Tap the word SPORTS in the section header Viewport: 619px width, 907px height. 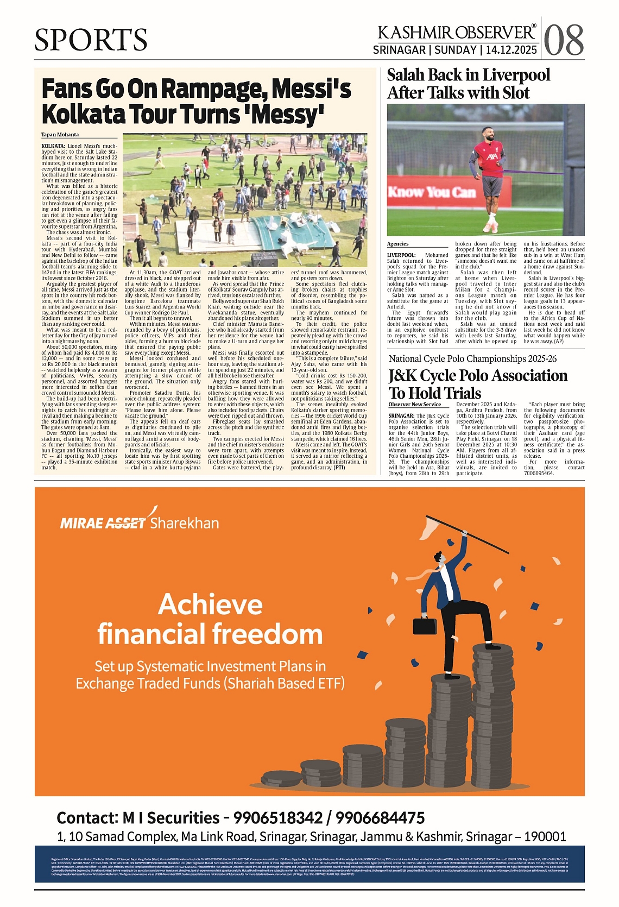pyautogui.click(x=91, y=40)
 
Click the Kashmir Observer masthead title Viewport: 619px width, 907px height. pyautogui.click(x=457, y=33)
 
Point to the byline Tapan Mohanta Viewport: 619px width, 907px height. pyautogui.click(x=60, y=135)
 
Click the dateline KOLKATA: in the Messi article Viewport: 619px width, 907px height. pyautogui.click(x=53, y=146)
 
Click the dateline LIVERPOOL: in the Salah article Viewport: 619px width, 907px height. pyautogui.click(x=402, y=255)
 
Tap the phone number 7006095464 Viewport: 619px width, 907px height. pyautogui.click(x=539, y=473)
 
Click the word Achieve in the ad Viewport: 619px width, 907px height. pyautogui.click(x=210, y=604)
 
